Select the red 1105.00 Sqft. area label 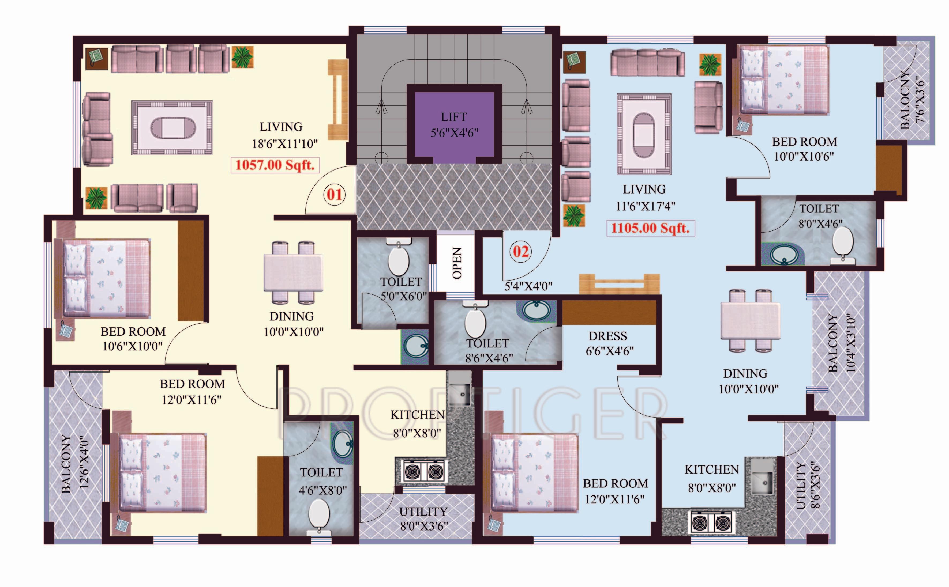[x=651, y=228]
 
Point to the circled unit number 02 [x=521, y=252]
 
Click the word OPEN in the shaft [x=457, y=263]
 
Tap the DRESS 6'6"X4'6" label [x=609, y=343]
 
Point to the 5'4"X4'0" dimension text [x=528, y=286]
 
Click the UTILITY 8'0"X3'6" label [x=424, y=519]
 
